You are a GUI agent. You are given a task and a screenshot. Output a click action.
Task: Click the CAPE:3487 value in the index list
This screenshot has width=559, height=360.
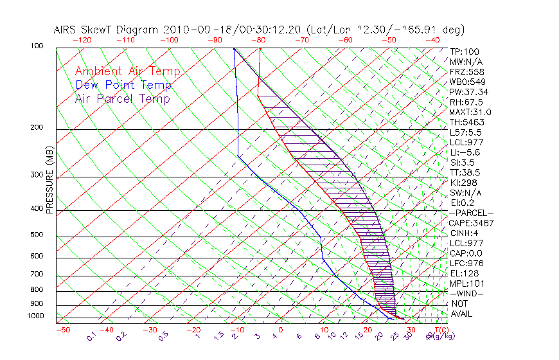click(x=469, y=223)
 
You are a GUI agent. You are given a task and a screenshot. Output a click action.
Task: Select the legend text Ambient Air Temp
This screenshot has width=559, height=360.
click(x=127, y=71)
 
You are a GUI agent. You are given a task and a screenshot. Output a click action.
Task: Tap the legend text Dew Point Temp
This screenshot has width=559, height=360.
click(x=123, y=85)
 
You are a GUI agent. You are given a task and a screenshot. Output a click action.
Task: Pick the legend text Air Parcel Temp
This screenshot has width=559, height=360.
click(x=122, y=98)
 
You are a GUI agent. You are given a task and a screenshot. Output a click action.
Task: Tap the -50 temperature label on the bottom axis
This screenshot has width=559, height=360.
click(x=62, y=330)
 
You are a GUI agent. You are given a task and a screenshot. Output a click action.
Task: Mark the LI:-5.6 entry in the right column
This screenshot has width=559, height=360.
click(x=465, y=152)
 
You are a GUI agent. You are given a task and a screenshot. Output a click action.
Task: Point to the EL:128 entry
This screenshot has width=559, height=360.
click(x=464, y=273)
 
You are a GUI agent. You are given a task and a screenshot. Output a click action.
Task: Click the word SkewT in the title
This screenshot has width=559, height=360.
click(x=103, y=30)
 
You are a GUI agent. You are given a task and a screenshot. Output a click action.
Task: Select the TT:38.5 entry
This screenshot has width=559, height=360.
click(x=465, y=172)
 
